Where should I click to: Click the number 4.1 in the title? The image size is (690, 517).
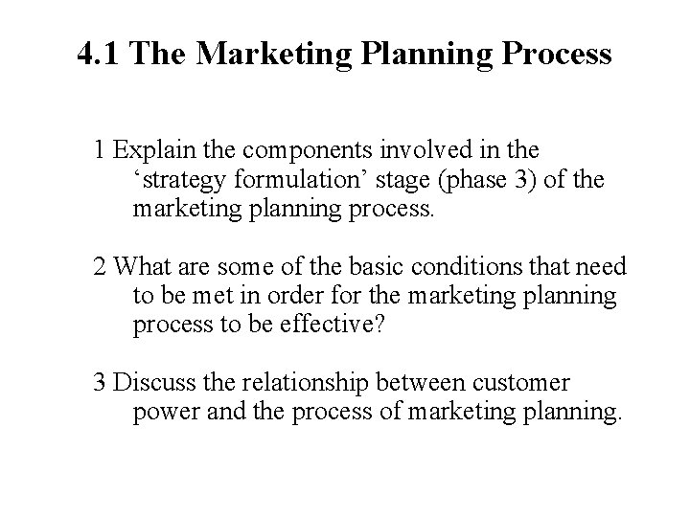click(x=100, y=54)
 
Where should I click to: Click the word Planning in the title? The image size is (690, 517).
click(x=430, y=54)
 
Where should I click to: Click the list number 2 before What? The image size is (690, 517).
click(x=100, y=267)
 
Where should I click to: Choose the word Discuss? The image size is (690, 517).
click(x=149, y=384)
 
